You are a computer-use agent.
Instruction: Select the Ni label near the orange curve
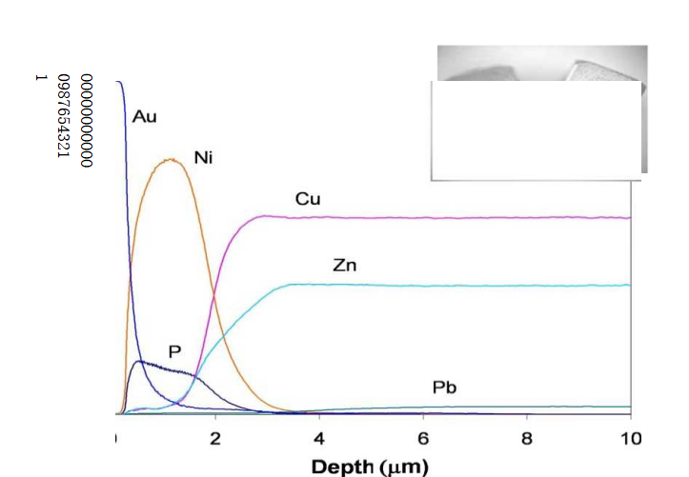point(203,158)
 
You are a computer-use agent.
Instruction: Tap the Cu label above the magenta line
point(307,199)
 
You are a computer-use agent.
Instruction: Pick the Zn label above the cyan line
point(344,265)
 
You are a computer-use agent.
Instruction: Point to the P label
point(174,350)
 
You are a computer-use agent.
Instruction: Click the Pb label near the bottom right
point(444,388)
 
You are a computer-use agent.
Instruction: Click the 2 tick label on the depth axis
point(215,438)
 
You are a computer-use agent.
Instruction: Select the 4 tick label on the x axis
point(319,438)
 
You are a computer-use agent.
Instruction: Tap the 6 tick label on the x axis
point(423,438)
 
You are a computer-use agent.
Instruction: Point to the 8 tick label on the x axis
point(527,438)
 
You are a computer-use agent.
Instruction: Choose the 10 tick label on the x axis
point(630,438)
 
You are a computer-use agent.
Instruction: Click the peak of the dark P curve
point(140,361)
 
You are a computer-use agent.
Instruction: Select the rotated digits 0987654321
point(63,115)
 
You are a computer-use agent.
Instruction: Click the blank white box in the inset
point(536,130)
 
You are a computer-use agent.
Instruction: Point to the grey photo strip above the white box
point(541,63)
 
